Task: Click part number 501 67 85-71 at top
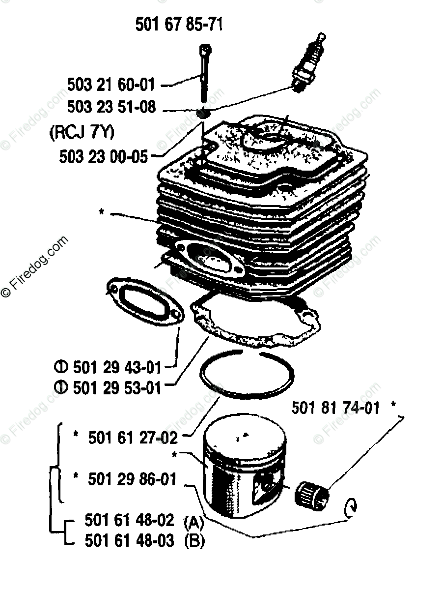coord(179,24)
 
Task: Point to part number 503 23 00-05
coord(103,157)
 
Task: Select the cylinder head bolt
coord(204,74)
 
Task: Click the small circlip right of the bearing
coord(352,506)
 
